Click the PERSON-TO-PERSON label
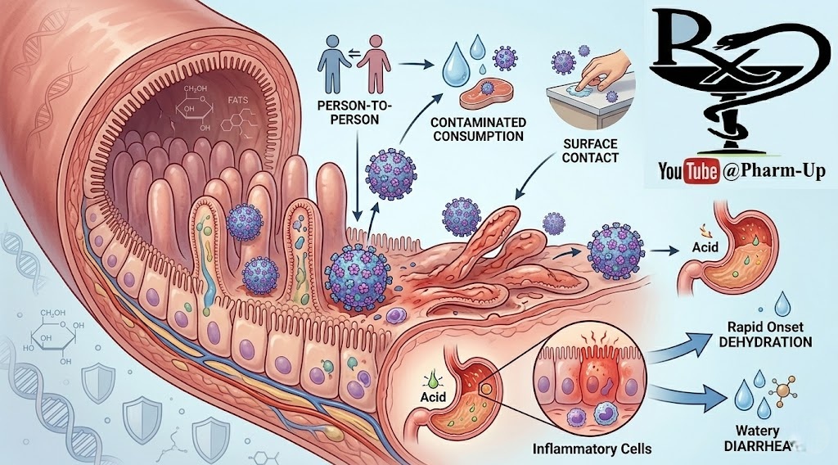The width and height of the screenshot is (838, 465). [x=351, y=112]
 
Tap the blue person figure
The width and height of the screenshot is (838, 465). [x=335, y=62]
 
